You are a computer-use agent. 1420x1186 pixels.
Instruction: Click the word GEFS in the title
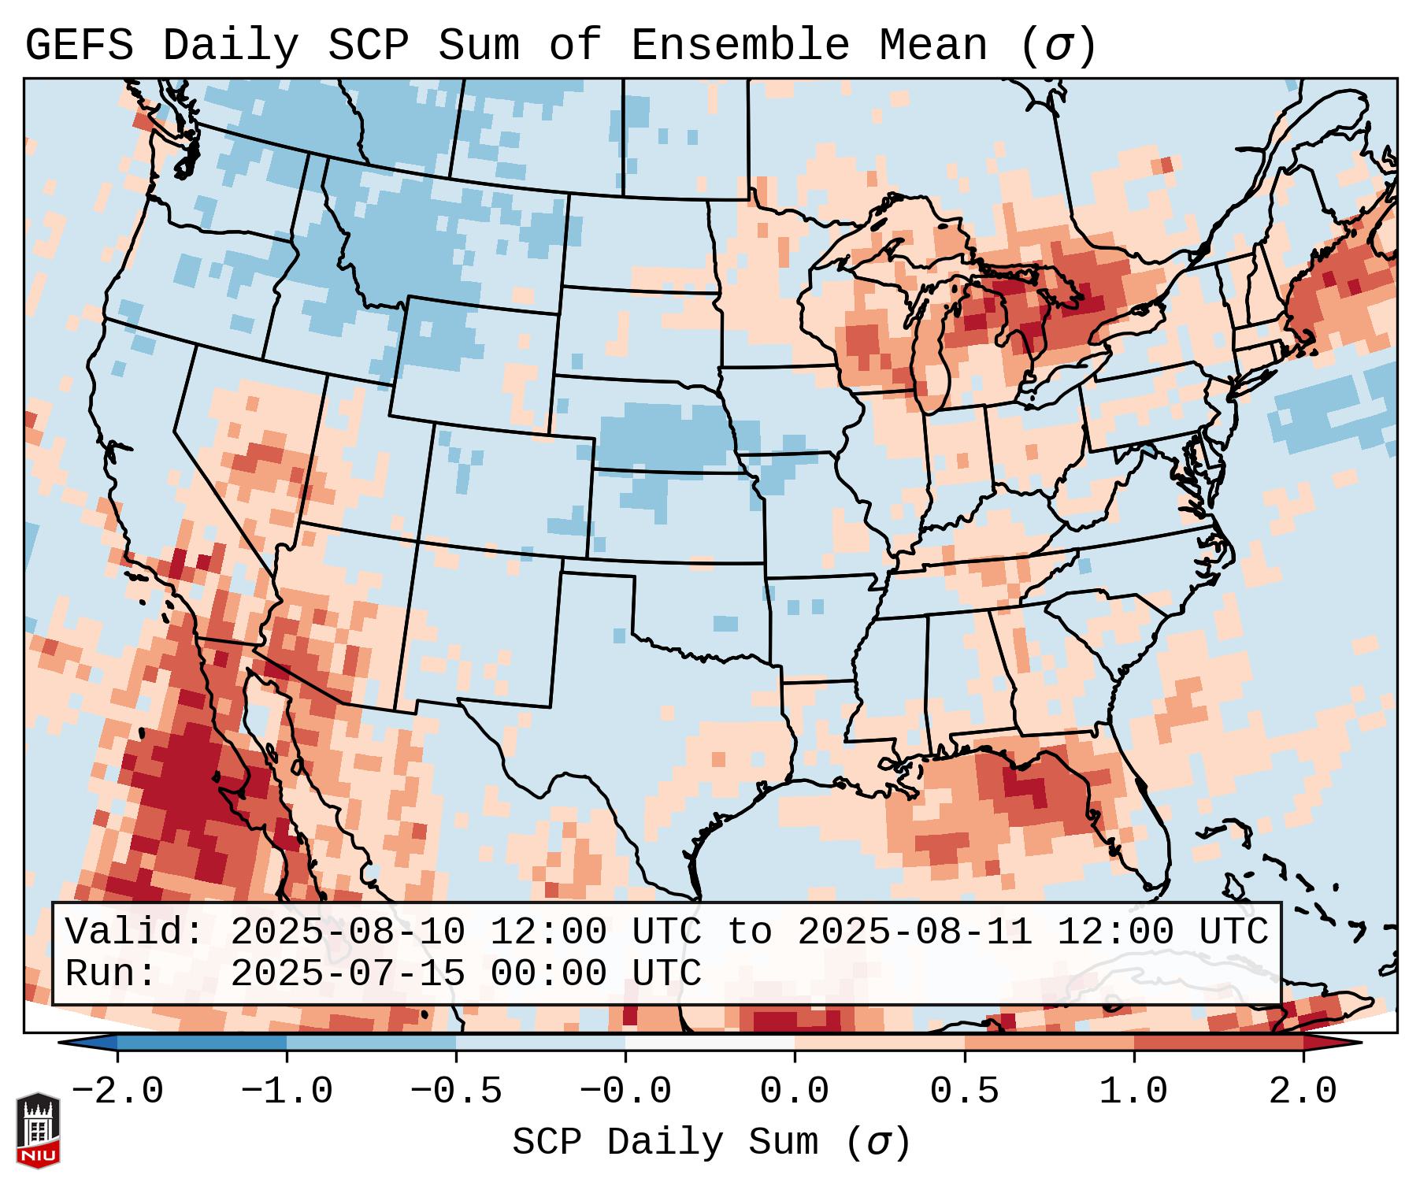click(x=79, y=46)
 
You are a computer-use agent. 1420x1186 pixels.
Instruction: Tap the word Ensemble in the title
click(x=740, y=46)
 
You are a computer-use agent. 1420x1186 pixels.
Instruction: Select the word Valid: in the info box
click(x=134, y=932)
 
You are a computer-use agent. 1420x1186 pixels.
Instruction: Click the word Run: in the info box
click(x=110, y=974)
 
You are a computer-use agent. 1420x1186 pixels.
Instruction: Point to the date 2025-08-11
click(x=914, y=932)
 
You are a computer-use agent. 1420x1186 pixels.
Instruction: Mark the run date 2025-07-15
click(x=347, y=974)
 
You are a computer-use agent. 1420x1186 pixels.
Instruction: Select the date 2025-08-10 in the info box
click(x=347, y=932)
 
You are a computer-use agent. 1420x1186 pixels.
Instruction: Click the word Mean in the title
click(x=932, y=46)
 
